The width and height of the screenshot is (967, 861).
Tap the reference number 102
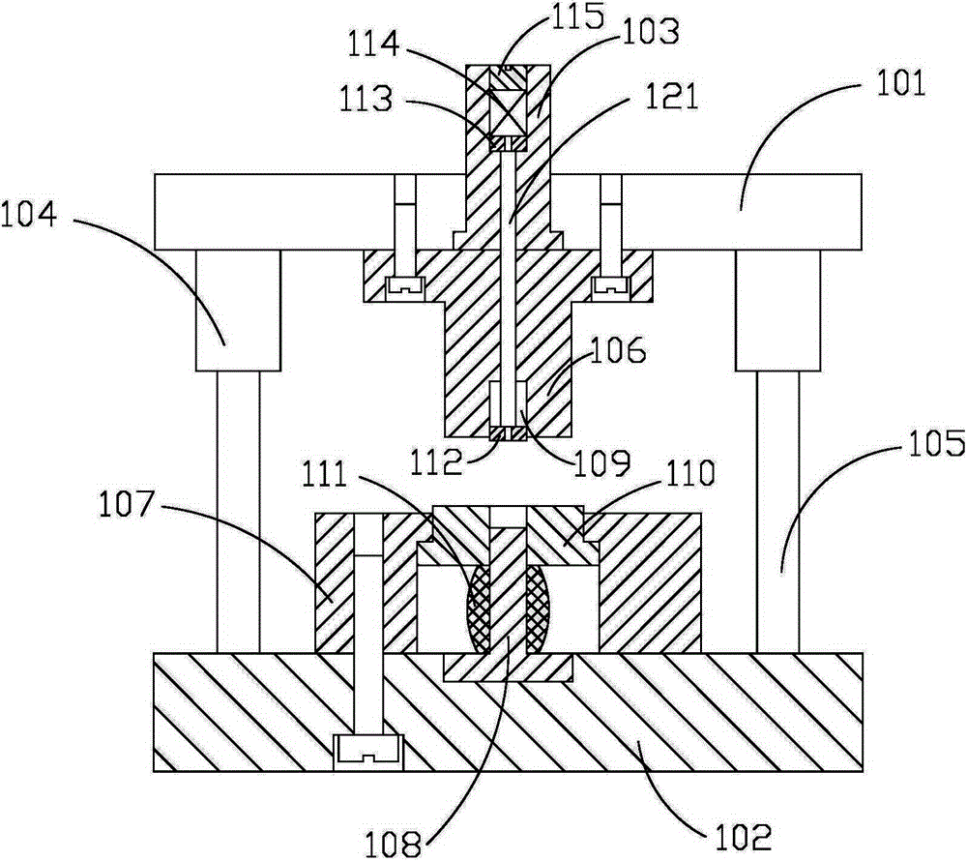(743, 837)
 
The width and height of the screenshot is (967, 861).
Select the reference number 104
(28, 215)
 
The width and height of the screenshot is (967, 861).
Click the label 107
(125, 505)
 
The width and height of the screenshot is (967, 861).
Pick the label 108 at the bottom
(393, 844)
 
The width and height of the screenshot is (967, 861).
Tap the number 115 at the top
(575, 17)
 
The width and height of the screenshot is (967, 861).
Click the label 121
(672, 97)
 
